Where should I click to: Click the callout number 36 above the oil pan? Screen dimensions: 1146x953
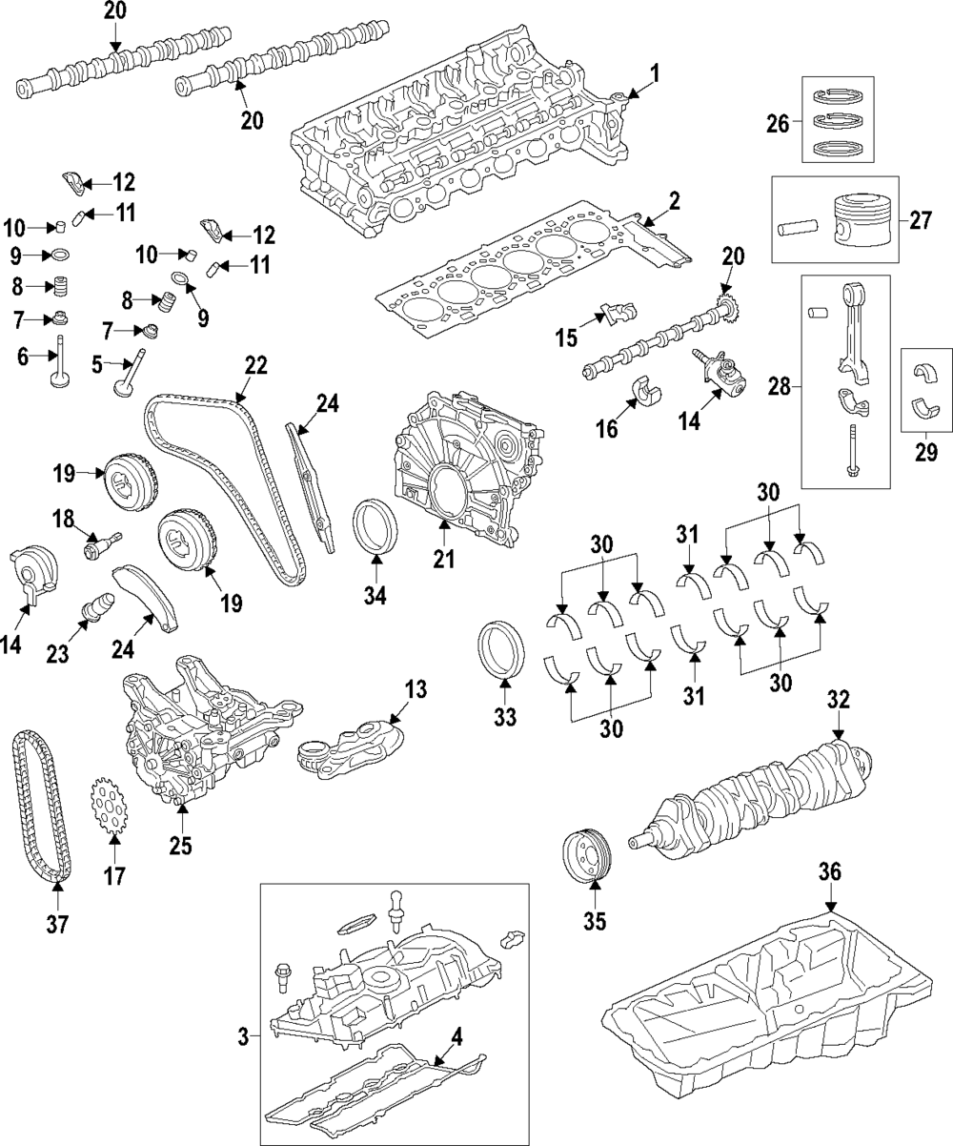click(830, 871)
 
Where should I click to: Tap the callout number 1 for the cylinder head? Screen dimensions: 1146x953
click(655, 72)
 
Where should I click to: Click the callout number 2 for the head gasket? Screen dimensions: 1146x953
click(674, 200)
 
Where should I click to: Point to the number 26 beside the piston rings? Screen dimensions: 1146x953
click(779, 122)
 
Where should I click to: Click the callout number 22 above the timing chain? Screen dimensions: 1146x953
click(255, 365)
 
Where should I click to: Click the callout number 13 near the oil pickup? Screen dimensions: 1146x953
click(416, 688)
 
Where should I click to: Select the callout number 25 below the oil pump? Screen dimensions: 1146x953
click(180, 844)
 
